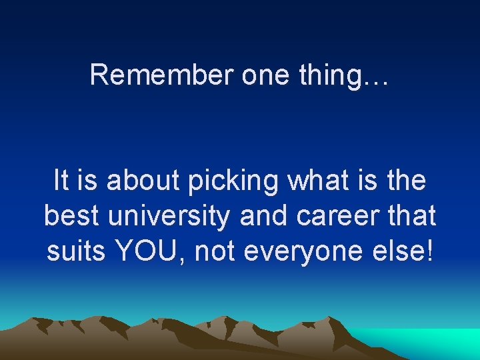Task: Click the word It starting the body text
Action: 60,181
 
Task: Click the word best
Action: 70,217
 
